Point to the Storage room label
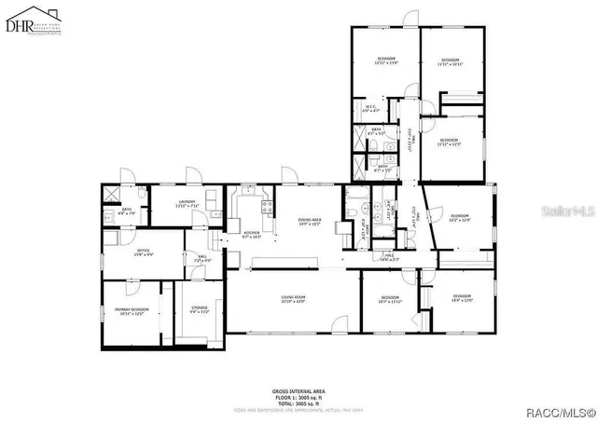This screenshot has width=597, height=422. (200, 309)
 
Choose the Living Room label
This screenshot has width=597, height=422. (294, 299)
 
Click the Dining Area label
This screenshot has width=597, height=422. (311, 221)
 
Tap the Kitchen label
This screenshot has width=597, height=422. (251, 234)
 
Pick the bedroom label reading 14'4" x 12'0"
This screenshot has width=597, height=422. (463, 300)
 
